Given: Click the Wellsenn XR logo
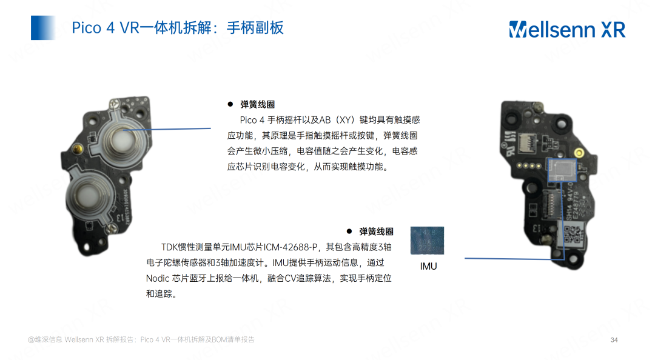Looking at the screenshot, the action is tap(566, 28).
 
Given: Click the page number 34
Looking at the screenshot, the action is tap(614, 339).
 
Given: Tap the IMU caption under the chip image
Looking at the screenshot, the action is tap(428, 267).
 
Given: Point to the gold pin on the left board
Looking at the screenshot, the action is tap(78, 148).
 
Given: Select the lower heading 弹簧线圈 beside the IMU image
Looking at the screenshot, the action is tap(376, 232).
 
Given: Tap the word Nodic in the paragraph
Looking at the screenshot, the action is tap(157, 279).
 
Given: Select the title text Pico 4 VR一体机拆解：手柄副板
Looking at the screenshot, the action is tap(177, 28).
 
